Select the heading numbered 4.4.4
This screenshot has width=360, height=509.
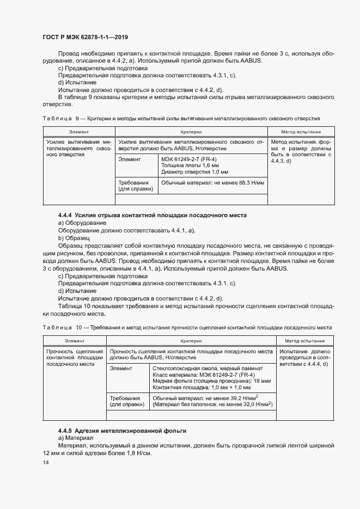(152, 216)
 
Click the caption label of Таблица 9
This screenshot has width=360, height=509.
(58, 118)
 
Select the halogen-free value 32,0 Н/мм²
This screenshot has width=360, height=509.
(255, 405)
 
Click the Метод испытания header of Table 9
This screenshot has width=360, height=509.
(301, 132)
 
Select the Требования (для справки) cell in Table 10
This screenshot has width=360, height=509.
(126, 402)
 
